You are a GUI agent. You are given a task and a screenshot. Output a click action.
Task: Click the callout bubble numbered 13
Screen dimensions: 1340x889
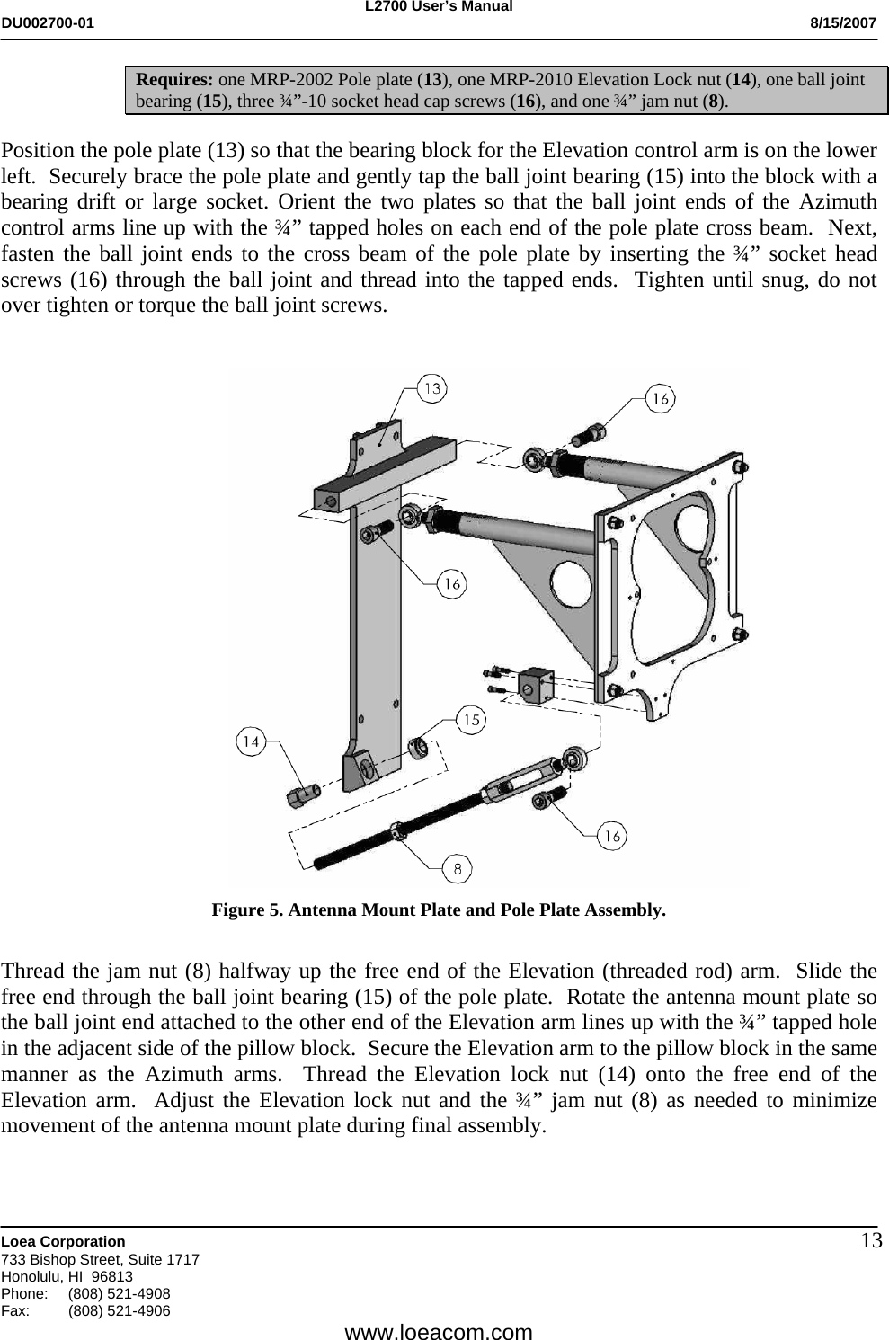coord(433,389)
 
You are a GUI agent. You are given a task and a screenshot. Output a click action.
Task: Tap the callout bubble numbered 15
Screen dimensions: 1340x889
coord(472,719)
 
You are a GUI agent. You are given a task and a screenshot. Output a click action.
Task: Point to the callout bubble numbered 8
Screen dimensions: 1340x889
coord(458,869)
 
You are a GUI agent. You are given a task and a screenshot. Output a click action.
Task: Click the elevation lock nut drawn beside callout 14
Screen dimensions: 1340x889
coord(304,794)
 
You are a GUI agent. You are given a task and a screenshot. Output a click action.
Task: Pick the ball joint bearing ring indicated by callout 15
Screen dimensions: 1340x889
coord(418,746)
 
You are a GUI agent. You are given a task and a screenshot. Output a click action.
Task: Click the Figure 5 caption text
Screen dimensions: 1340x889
coord(439,910)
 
